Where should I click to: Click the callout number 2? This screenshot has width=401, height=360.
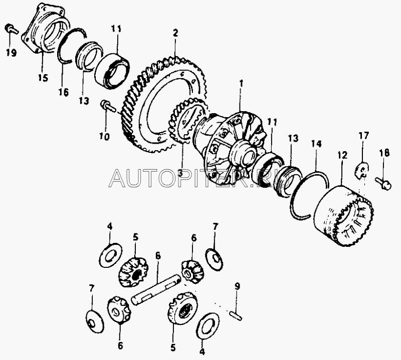[175, 34]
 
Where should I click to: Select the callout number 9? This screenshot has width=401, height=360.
[238, 287]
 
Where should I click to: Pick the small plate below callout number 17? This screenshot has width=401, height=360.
[360, 170]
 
